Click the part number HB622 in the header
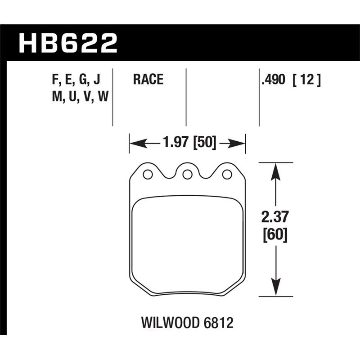67,44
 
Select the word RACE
148,80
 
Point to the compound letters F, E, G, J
76,80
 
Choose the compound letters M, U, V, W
80,96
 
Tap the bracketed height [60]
274,234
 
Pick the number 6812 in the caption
220,323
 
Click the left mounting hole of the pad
147,174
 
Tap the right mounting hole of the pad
227,174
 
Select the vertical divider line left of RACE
112,97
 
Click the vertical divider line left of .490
259,97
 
